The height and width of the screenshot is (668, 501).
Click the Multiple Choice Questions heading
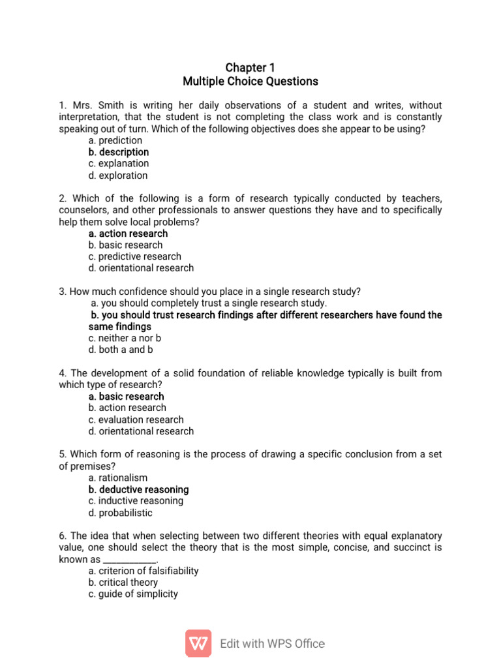pyautogui.click(x=250, y=82)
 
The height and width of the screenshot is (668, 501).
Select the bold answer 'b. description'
pyautogui.click(x=119, y=152)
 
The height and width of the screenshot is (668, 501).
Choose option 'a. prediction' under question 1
pyautogui.click(x=115, y=140)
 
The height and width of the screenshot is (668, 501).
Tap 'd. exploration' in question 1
pyautogui.click(x=118, y=175)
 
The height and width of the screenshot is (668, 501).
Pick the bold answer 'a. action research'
pyautogui.click(x=128, y=234)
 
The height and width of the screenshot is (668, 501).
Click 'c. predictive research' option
pyautogui.click(x=135, y=256)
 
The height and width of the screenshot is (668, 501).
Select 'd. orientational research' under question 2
pyautogui.click(x=141, y=268)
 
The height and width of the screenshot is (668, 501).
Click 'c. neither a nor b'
pyautogui.click(x=125, y=338)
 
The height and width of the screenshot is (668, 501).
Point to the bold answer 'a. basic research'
pyautogui.click(x=126, y=396)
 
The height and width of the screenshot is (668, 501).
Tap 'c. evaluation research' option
pyautogui.click(x=136, y=419)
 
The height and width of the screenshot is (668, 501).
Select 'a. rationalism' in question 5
pyautogui.click(x=118, y=478)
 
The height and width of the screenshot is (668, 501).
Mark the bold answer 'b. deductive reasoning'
pyautogui.click(x=138, y=489)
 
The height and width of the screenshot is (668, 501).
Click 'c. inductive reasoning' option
pyautogui.click(x=136, y=501)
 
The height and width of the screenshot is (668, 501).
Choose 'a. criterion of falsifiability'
pyautogui.click(x=144, y=571)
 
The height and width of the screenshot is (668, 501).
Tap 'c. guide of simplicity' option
pyautogui.click(x=133, y=594)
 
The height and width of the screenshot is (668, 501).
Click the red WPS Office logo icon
pyautogui.click(x=198, y=643)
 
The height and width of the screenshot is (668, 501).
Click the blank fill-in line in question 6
pyautogui.click(x=130, y=560)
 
